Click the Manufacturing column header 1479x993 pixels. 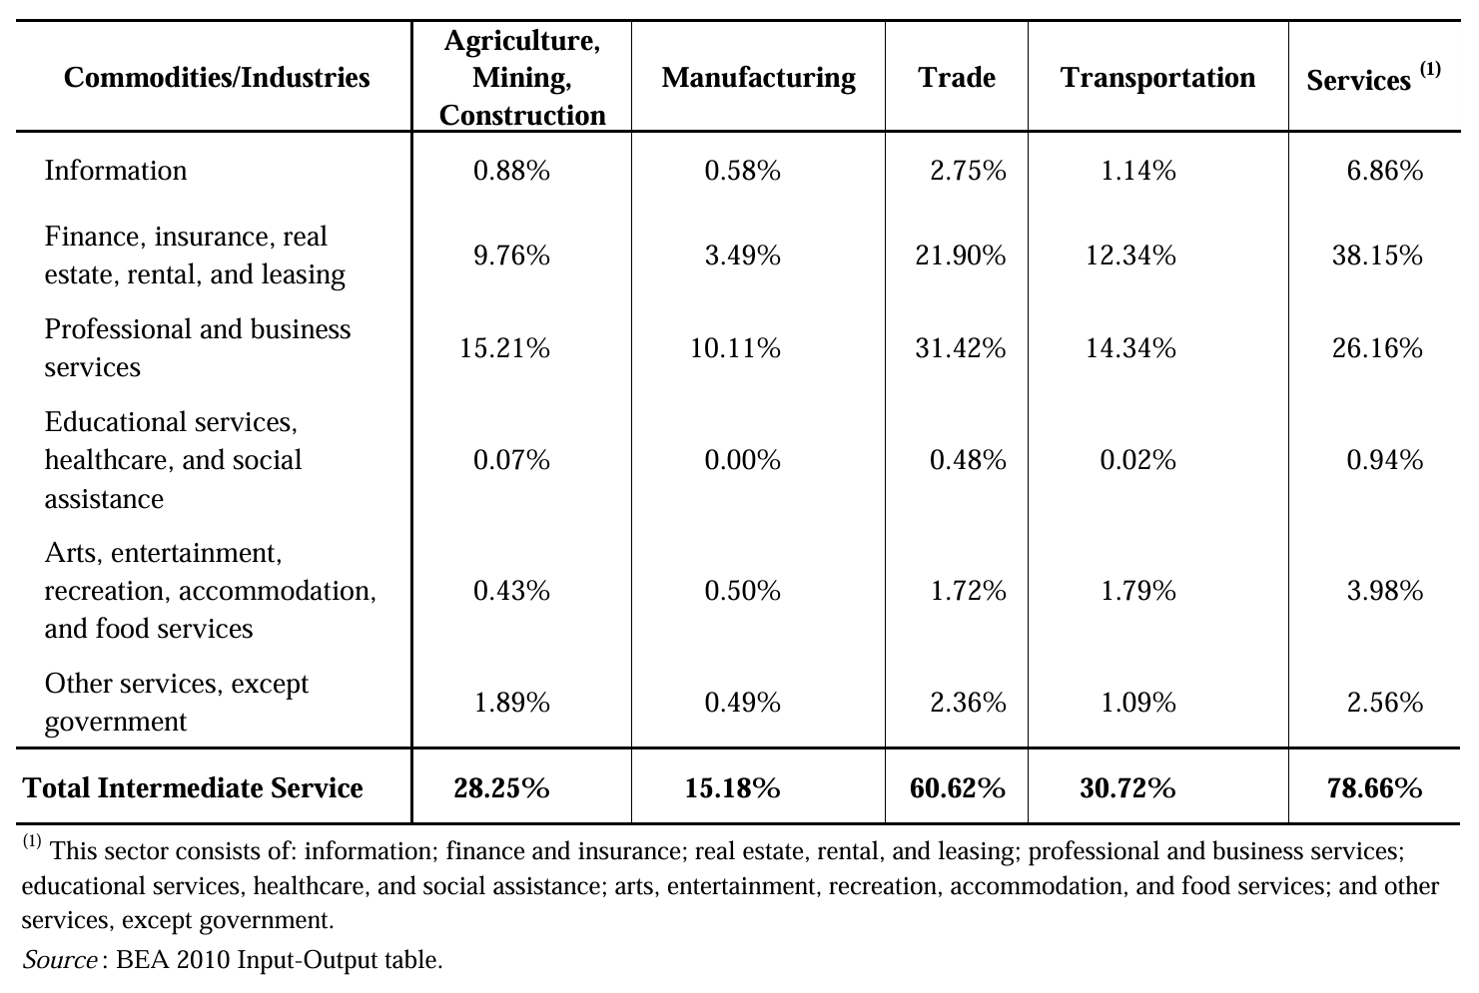758,78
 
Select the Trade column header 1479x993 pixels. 957,78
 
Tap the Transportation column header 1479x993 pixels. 1157,78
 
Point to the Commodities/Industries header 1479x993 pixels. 217,78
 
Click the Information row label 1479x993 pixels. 116,171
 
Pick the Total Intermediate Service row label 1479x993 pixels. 193,788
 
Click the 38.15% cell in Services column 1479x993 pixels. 1376,256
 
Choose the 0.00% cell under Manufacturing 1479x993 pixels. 742,460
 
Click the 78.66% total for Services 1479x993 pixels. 1374,788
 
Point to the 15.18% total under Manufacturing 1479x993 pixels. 732,788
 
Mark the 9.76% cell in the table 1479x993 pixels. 511,256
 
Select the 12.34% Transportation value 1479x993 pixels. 1130,256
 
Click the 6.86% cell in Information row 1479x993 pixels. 1384,171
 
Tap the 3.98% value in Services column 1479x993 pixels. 1384,591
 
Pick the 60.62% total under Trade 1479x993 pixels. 957,788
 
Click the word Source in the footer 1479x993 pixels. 59,960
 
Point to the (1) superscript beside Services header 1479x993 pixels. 1430,69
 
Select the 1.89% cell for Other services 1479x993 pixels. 511,703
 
